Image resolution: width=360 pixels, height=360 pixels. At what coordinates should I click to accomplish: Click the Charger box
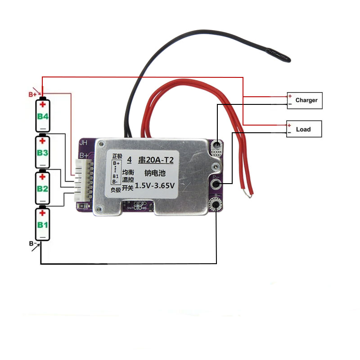click(306, 100)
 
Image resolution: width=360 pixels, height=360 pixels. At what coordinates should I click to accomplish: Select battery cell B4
click(43, 115)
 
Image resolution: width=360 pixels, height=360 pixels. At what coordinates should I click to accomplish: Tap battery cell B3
click(43, 152)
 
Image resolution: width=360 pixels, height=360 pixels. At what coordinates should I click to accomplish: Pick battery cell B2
click(43, 187)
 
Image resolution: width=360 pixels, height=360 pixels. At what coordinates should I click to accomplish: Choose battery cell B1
click(43, 224)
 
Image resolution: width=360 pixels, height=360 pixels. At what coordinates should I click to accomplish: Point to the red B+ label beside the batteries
click(32, 94)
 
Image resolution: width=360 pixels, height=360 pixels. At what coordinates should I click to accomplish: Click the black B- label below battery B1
click(32, 243)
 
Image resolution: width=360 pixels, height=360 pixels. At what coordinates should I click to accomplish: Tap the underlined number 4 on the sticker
click(129, 159)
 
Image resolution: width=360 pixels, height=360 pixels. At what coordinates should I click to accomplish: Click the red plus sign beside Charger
click(290, 96)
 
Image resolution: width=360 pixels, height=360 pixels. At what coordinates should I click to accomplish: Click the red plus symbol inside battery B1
click(43, 214)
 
